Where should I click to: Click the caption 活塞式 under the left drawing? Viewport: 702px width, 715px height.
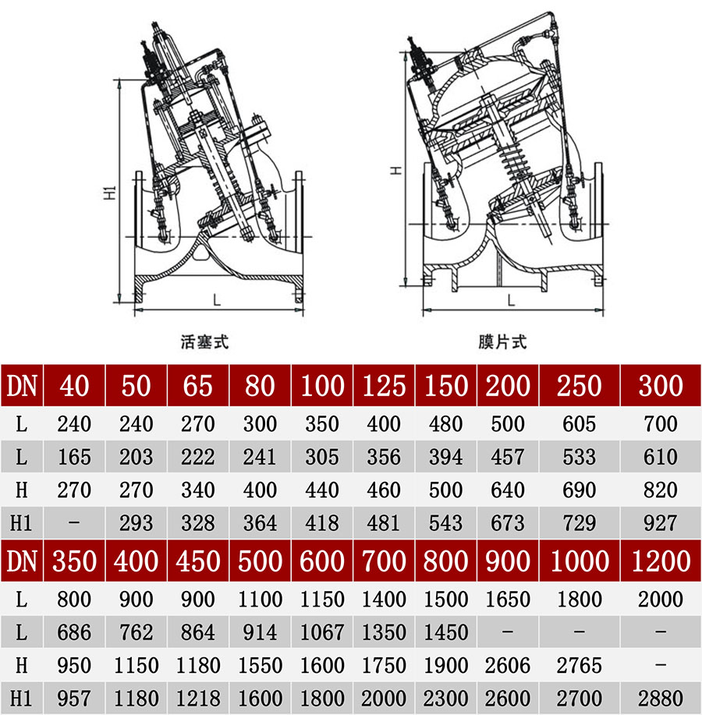tap(204, 342)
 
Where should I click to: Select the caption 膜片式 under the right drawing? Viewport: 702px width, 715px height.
tap(503, 342)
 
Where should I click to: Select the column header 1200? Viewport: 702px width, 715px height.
tap(660, 561)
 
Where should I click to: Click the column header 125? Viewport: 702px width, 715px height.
tap(384, 385)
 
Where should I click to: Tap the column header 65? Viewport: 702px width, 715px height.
tap(197, 385)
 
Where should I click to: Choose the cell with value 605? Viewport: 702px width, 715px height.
tap(579, 424)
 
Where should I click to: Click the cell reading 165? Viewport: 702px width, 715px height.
tap(74, 457)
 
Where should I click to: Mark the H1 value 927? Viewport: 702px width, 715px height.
tap(660, 523)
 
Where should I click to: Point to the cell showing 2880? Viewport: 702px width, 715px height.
tap(660, 698)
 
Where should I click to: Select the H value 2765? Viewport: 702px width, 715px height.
tap(579, 665)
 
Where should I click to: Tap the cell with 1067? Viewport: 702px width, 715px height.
tap(322, 632)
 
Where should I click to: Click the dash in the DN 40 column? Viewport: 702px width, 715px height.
tap(74, 523)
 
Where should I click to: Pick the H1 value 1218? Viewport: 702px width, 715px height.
tap(197, 698)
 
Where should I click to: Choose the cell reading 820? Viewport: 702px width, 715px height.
tap(660, 490)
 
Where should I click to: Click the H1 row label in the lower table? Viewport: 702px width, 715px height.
tap(22, 698)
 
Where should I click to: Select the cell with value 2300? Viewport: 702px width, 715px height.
tap(445, 698)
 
